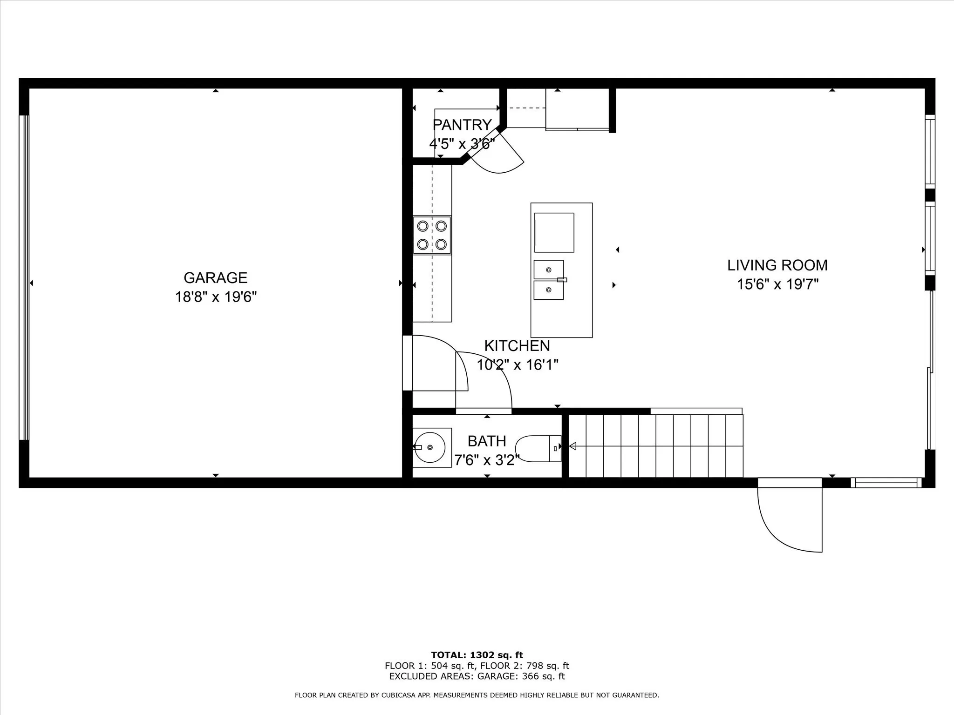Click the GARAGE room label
tap(215, 277)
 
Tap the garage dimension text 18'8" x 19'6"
tap(216, 297)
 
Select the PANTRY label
tap(462, 125)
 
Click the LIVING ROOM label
tap(777, 265)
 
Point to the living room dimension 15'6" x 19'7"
tap(777, 284)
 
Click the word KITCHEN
tap(517, 346)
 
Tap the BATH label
tap(487, 441)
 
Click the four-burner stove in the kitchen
tap(432, 235)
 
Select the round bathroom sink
tap(429, 447)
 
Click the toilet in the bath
tap(538, 449)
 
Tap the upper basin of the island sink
tap(548, 270)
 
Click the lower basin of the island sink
tap(548, 290)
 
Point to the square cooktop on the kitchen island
tap(554, 233)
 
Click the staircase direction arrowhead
tap(572, 446)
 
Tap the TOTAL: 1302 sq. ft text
tap(477, 655)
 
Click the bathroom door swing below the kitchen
tap(489, 382)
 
